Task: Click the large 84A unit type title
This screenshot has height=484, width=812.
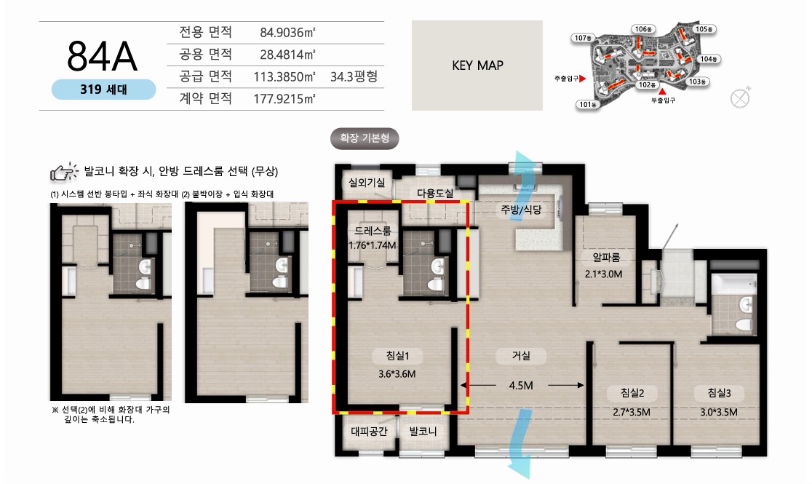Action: [x=103, y=57]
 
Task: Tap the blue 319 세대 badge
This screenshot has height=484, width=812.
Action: [x=103, y=90]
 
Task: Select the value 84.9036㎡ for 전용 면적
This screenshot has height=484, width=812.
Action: [x=287, y=33]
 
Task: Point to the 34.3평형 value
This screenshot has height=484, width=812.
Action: [x=354, y=76]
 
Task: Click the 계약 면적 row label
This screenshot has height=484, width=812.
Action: [x=206, y=98]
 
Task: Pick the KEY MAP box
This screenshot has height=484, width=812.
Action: [x=477, y=66]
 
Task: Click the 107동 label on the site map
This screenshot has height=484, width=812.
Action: [x=583, y=38]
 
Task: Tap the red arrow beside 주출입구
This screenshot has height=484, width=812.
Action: [x=583, y=79]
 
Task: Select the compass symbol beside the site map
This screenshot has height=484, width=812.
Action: [x=740, y=98]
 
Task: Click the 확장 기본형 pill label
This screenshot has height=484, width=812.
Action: [x=365, y=138]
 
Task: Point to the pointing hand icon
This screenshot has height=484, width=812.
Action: [x=64, y=172]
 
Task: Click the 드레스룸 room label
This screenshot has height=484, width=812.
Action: [x=373, y=231]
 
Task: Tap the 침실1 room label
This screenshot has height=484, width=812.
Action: [x=398, y=355]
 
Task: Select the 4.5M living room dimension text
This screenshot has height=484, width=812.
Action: [x=521, y=386]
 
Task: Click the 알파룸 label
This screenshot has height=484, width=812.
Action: [x=606, y=257]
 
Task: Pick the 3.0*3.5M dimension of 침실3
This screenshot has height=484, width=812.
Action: [x=719, y=413]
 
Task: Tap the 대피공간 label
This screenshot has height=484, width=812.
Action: [x=369, y=431]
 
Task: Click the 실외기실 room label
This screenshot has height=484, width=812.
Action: [x=367, y=183]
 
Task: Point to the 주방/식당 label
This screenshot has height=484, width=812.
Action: [x=521, y=210]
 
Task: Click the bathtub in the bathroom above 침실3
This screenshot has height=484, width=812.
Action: [x=734, y=285]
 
